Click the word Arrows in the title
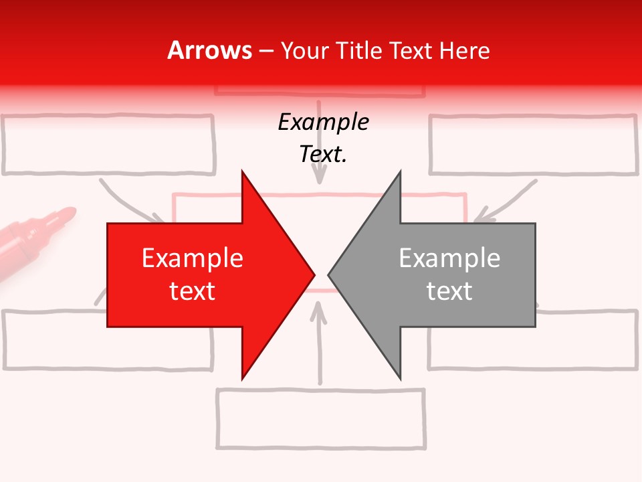[x=210, y=50]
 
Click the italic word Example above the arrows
[x=323, y=123]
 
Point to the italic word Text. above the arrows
[x=323, y=155]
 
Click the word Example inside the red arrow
[x=193, y=258]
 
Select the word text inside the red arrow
[x=193, y=291]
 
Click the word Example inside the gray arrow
[x=449, y=258]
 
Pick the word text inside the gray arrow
[x=449, y=291]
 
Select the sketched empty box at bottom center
[x=321, y=418]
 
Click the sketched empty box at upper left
[x=108, y=145]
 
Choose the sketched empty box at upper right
[x=532, y=145]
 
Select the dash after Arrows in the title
[x=266, y=51]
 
